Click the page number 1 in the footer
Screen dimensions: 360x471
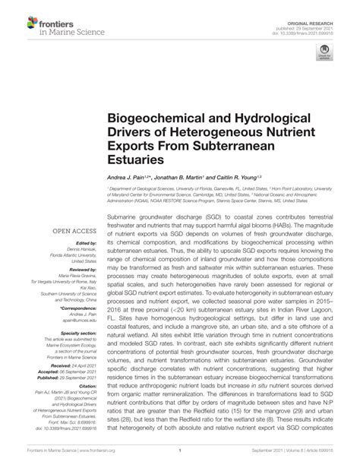179,451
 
